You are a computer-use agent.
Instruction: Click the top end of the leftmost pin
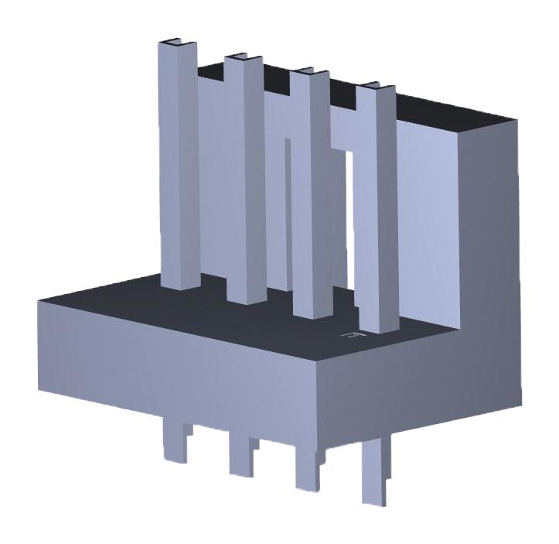tap(177, 43)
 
